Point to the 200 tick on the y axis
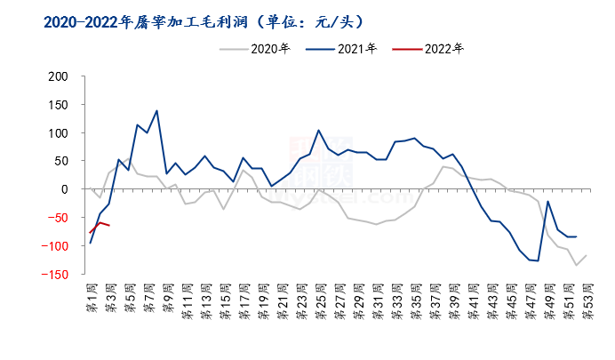click(57, 76)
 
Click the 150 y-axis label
click(57, 105)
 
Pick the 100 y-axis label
click(57, 133)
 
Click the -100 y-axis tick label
click(53, 246)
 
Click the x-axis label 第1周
click(91, 298)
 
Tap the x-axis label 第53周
click(586, 300)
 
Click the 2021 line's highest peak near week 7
click(157, 111)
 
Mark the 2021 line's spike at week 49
click(547, 201)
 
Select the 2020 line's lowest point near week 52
click(576, 265)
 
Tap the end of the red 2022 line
click(109, 226)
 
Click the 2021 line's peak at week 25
click(319, 130)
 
